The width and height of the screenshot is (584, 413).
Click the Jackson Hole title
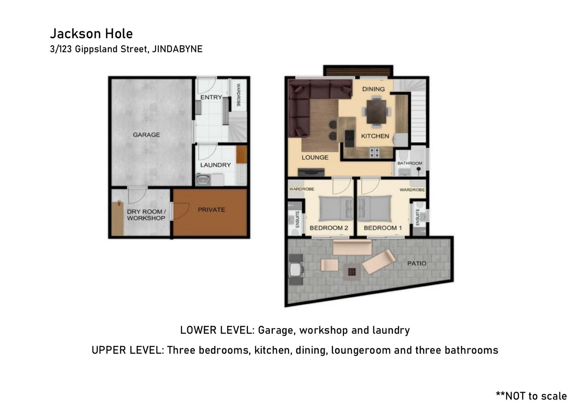(x=91, y=33)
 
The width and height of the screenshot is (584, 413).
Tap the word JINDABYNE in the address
(x=177, y=49)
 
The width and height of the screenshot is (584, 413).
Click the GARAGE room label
(x=146, y=134)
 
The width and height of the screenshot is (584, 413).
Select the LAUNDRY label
(x=215, y=165)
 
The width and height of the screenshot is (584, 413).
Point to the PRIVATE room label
(x=211, y=210)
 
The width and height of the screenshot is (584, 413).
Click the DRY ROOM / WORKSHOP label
(x=146, y=215)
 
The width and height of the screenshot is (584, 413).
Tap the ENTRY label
(x=211, y=97)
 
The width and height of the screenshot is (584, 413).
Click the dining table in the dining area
(x=377, y=112)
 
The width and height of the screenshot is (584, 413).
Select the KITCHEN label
(x=375, y=136)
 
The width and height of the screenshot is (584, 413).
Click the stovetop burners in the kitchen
(x=375, y=153)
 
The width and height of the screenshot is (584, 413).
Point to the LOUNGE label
(x=315, y=157)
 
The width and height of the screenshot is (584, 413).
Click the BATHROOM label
(x=410, y=163)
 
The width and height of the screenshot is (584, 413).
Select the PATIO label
(x=417, y=263)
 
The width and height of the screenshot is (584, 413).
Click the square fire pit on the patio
(x=352, y=272)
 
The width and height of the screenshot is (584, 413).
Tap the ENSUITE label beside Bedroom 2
(x=297, y=219)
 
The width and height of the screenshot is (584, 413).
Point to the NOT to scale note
(x=531, y=396)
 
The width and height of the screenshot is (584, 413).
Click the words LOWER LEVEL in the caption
(x=217, y=330)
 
